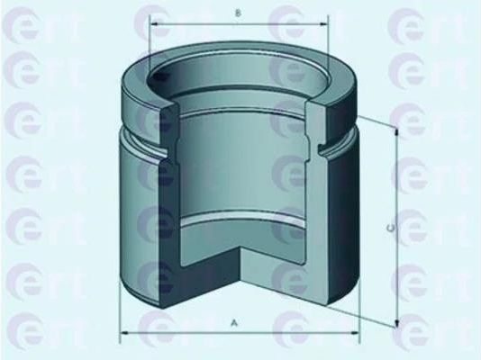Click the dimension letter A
click(234, 322)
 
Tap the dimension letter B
click(238, 13)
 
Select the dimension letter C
click(391, 228)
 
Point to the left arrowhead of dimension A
click(125, 332)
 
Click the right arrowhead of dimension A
click(354, 332)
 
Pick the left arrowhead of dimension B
click(154, 23)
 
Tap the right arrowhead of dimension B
click(323, 23)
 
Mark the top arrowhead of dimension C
click(396, 132)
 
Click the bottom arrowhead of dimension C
click(396, 322)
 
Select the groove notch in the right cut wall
click(322, 148)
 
